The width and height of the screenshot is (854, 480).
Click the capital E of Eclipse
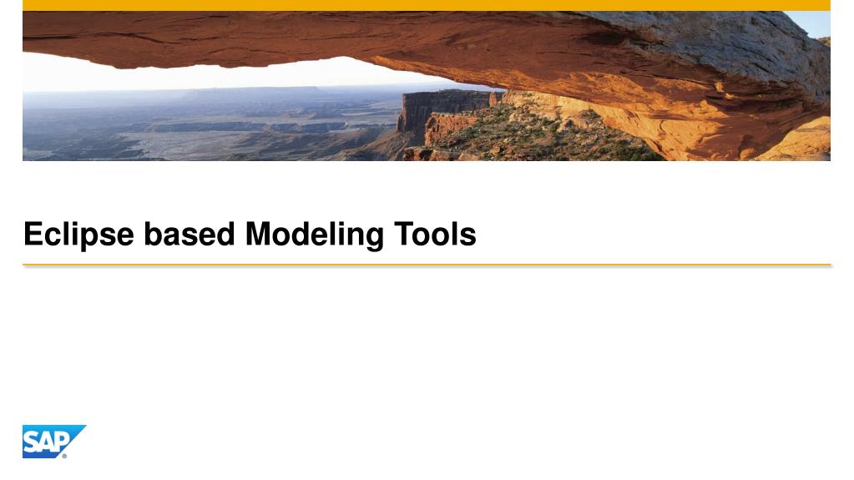[32, 235]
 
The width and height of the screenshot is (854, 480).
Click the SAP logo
[52, 442]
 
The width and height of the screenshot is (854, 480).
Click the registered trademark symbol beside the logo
[64, 456]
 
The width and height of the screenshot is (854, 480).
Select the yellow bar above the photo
[426, 5]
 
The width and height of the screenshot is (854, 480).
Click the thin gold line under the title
[426, 265]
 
